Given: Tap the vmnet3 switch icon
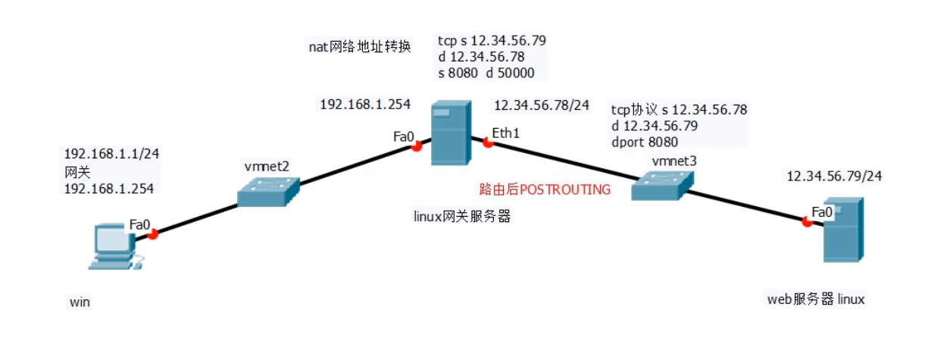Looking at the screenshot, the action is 662,184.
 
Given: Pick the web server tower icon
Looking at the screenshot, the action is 843,230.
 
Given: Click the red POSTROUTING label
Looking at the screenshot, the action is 545,189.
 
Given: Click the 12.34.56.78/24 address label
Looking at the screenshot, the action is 541,105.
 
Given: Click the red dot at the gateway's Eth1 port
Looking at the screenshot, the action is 487,141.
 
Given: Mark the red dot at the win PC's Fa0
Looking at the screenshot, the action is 152,234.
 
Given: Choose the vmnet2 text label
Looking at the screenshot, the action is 266,165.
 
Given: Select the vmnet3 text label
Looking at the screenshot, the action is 673,161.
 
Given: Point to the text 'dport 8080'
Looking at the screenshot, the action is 644,141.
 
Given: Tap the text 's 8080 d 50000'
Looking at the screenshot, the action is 486,73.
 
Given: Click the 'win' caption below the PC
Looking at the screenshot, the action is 80,302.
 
